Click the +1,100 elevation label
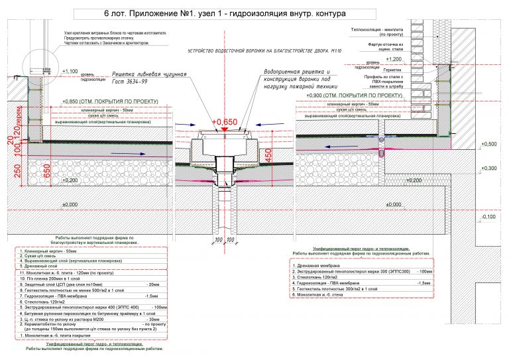70,70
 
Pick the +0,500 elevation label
489,144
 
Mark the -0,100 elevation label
488,217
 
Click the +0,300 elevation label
489,168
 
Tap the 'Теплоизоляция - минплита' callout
382,30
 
